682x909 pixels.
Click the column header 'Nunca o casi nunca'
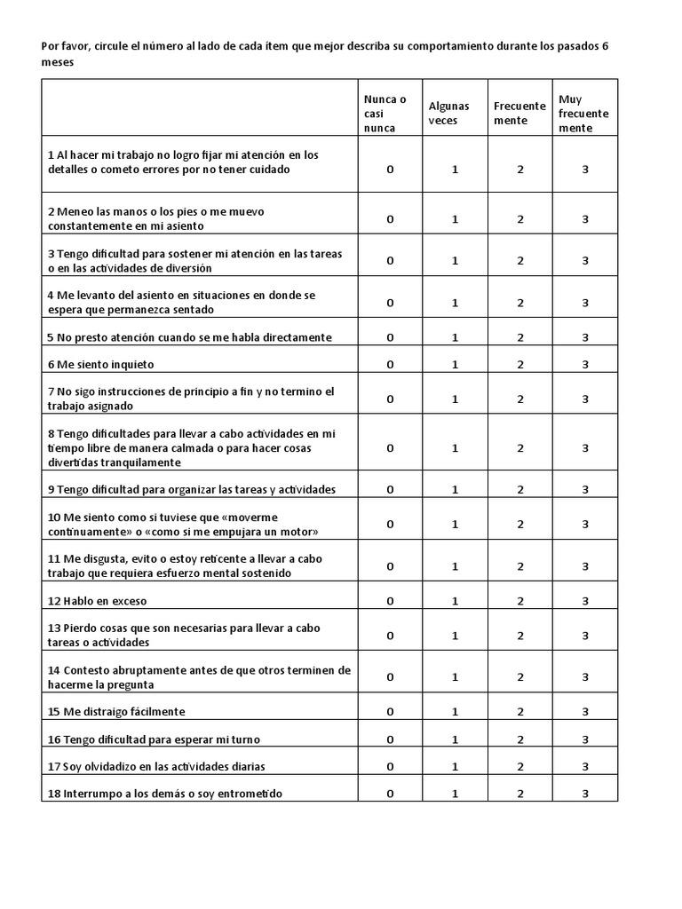[385, 114]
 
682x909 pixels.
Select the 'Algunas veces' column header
[448, 113]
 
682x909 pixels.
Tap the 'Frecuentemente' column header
[519, 113]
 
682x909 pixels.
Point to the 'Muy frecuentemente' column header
[583, 114]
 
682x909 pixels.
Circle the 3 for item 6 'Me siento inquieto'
[585, 364]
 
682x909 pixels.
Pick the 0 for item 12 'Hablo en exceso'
[390, 601]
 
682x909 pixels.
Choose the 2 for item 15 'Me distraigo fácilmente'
[520, 712]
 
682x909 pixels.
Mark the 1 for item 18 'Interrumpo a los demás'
[456, 794]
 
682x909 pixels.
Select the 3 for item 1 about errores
[585, 170]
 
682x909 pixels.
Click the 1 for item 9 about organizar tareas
[456, 489]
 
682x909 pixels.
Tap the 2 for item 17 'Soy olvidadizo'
[520, 766]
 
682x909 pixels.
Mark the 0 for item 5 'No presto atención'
[390, 337]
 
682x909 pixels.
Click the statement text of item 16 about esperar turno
[154, 739]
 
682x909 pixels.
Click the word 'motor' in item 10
[300, 531]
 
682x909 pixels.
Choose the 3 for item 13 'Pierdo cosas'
[585, 636]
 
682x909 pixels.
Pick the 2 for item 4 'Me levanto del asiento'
[520, 303]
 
